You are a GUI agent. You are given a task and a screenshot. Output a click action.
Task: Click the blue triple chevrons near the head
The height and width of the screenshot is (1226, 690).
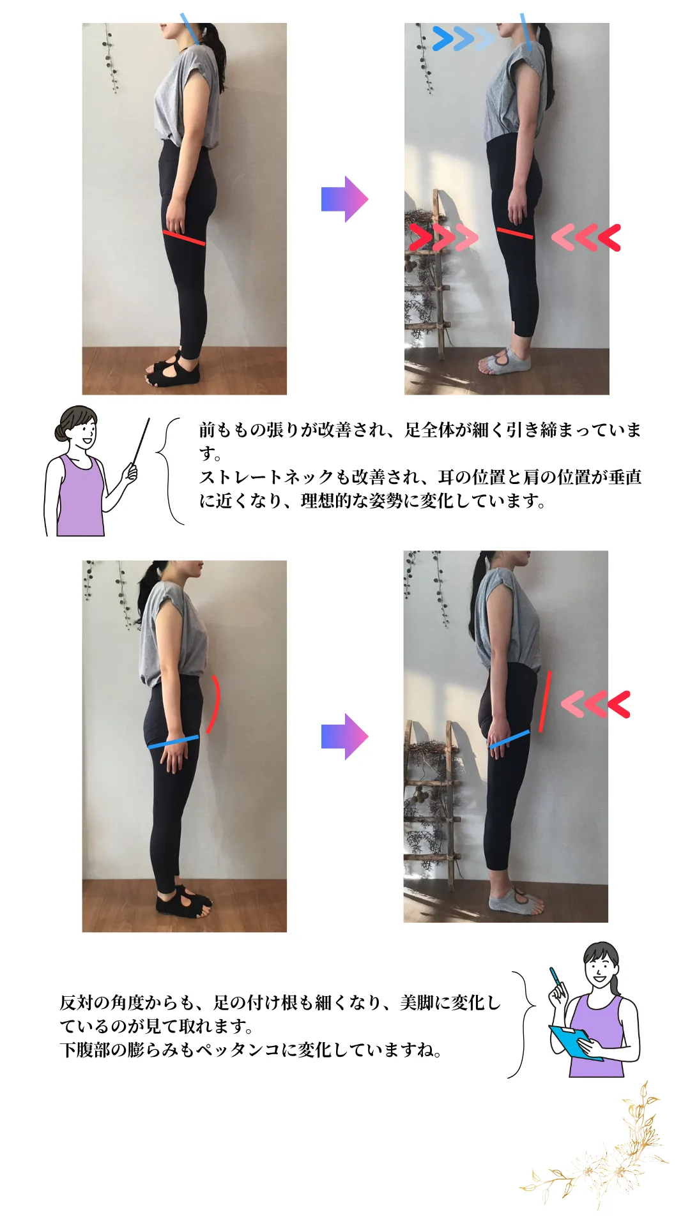click(463, 38)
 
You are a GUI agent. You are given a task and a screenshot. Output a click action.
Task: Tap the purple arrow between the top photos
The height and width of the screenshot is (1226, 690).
click(345, 199)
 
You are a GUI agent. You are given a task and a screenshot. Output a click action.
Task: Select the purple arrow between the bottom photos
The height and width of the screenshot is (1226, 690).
click(345, 736)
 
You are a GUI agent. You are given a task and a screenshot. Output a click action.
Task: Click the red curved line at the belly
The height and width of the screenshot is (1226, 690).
click(215, 704)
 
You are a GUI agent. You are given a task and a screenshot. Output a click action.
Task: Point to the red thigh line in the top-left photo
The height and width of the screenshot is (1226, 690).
click(184, 238)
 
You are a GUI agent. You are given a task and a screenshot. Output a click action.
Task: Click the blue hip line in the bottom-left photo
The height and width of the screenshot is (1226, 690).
click(173, 742)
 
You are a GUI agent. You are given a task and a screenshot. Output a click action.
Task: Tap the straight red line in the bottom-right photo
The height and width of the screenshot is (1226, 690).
click(544, 700)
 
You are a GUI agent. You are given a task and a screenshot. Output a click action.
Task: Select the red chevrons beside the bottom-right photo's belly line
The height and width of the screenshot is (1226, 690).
click(595, 704)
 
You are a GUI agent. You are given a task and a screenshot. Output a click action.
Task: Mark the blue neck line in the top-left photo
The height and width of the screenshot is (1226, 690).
click(190, 29)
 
